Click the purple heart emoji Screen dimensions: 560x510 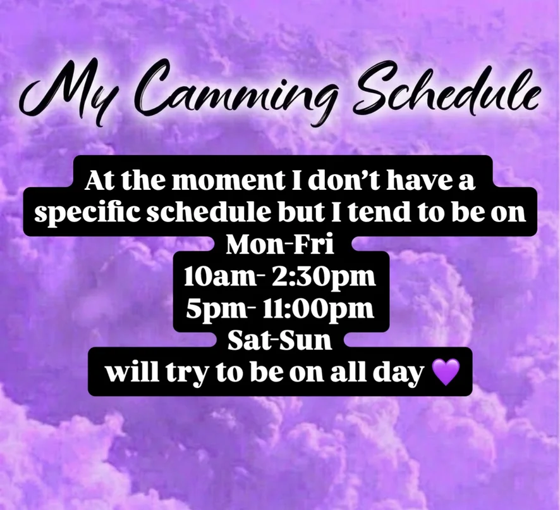pyautogui.click(x=446, y=372)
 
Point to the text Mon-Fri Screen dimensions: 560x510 pyautogui.click(x=280, y=245)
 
